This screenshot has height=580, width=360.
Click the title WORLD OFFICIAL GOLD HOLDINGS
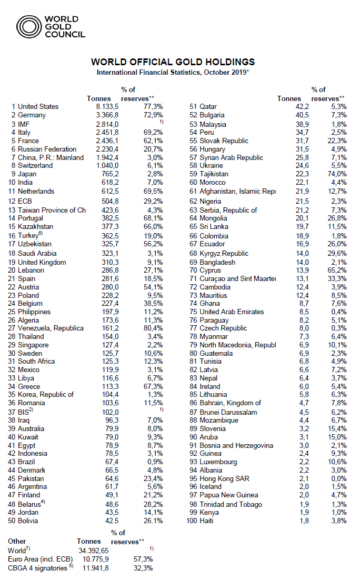pos(173,62)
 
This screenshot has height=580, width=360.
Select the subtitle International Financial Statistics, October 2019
pos(173,72)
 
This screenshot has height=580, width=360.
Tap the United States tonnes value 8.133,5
pos(98,106)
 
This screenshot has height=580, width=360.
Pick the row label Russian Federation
pos(47,149)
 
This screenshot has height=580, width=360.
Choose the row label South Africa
pos(37,362)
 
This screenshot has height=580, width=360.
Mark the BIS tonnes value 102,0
pos(101,412)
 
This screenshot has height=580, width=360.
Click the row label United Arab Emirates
pos(232,311)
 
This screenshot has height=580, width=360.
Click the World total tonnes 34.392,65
pos(96,549)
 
